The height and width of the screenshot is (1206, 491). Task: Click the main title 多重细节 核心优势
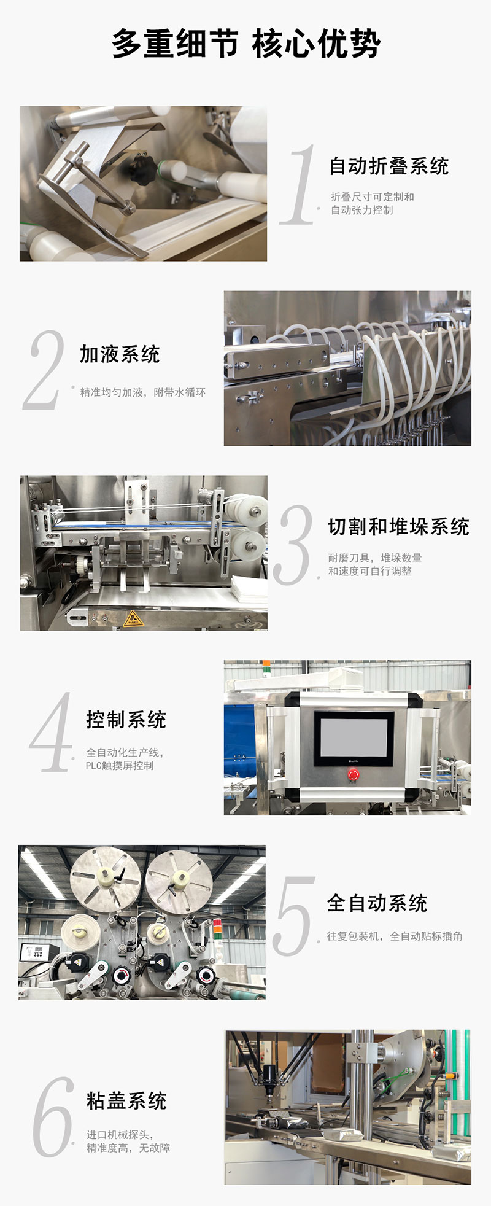(245, 44)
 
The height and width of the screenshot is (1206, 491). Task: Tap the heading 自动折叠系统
(389, 166)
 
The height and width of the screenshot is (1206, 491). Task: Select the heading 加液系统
(120, 354)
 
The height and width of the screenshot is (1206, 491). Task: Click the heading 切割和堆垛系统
(398, 527)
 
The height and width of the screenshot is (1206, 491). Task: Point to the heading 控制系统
(126, 720)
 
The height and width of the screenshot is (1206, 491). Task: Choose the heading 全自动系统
(377, 903)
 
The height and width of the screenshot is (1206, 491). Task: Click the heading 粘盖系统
(126, 1101)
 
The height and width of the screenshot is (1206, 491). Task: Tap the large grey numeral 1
(300, 184)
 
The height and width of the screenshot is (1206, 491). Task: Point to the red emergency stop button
(354, 775)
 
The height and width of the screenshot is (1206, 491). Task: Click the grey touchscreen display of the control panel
(354, 738)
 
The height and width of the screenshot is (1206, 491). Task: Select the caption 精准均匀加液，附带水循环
(142, 392)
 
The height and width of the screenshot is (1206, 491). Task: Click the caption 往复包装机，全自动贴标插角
(394, 936)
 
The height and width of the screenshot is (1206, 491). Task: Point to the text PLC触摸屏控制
(120, 766)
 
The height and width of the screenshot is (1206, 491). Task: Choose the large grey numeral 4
(50, 732)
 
